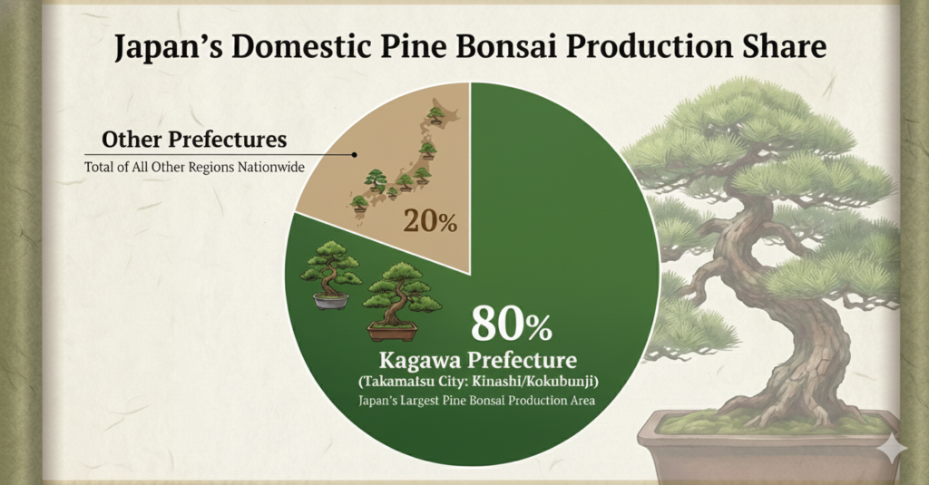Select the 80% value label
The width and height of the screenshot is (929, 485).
(512, 324)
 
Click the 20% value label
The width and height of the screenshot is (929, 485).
(430, 221)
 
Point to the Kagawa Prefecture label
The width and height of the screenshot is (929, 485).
(477, 360)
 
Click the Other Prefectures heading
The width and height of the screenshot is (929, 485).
(194, 140)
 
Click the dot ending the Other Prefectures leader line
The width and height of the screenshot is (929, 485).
(355, 154)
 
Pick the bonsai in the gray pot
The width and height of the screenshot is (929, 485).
(329, 276)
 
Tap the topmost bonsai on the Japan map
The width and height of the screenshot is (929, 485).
(436, 114)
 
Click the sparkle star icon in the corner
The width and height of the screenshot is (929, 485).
(893, 450)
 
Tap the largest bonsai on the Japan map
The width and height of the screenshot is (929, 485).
(376, 180)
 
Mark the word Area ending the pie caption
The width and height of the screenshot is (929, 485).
(582, 401)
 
